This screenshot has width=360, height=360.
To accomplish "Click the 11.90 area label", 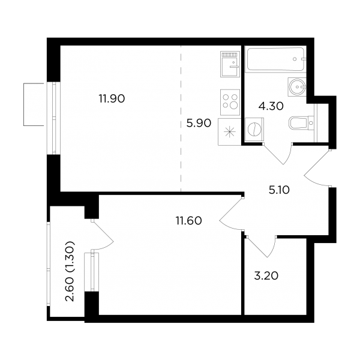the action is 112,99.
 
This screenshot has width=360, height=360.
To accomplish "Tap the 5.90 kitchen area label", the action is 199,124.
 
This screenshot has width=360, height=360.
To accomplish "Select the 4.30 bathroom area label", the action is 271,106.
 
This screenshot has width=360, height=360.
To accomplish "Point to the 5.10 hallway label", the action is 279,190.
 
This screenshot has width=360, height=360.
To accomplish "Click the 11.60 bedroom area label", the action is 189,221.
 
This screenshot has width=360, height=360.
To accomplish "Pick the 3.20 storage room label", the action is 266,276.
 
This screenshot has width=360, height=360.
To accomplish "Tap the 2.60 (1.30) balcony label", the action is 70,271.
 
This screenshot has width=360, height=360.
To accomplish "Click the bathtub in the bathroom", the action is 275,59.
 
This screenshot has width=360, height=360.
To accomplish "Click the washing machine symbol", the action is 254,130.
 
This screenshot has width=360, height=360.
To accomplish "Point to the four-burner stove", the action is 230,102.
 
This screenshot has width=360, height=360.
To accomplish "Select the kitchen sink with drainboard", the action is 230,64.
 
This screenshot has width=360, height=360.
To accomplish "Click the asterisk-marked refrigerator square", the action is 230,132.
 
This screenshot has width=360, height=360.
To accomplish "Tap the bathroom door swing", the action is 278,153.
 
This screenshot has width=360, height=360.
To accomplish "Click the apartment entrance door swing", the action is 318,168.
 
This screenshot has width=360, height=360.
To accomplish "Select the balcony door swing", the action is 103,235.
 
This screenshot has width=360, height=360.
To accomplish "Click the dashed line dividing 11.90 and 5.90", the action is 181,118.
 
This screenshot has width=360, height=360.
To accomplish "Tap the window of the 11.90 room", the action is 53,118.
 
